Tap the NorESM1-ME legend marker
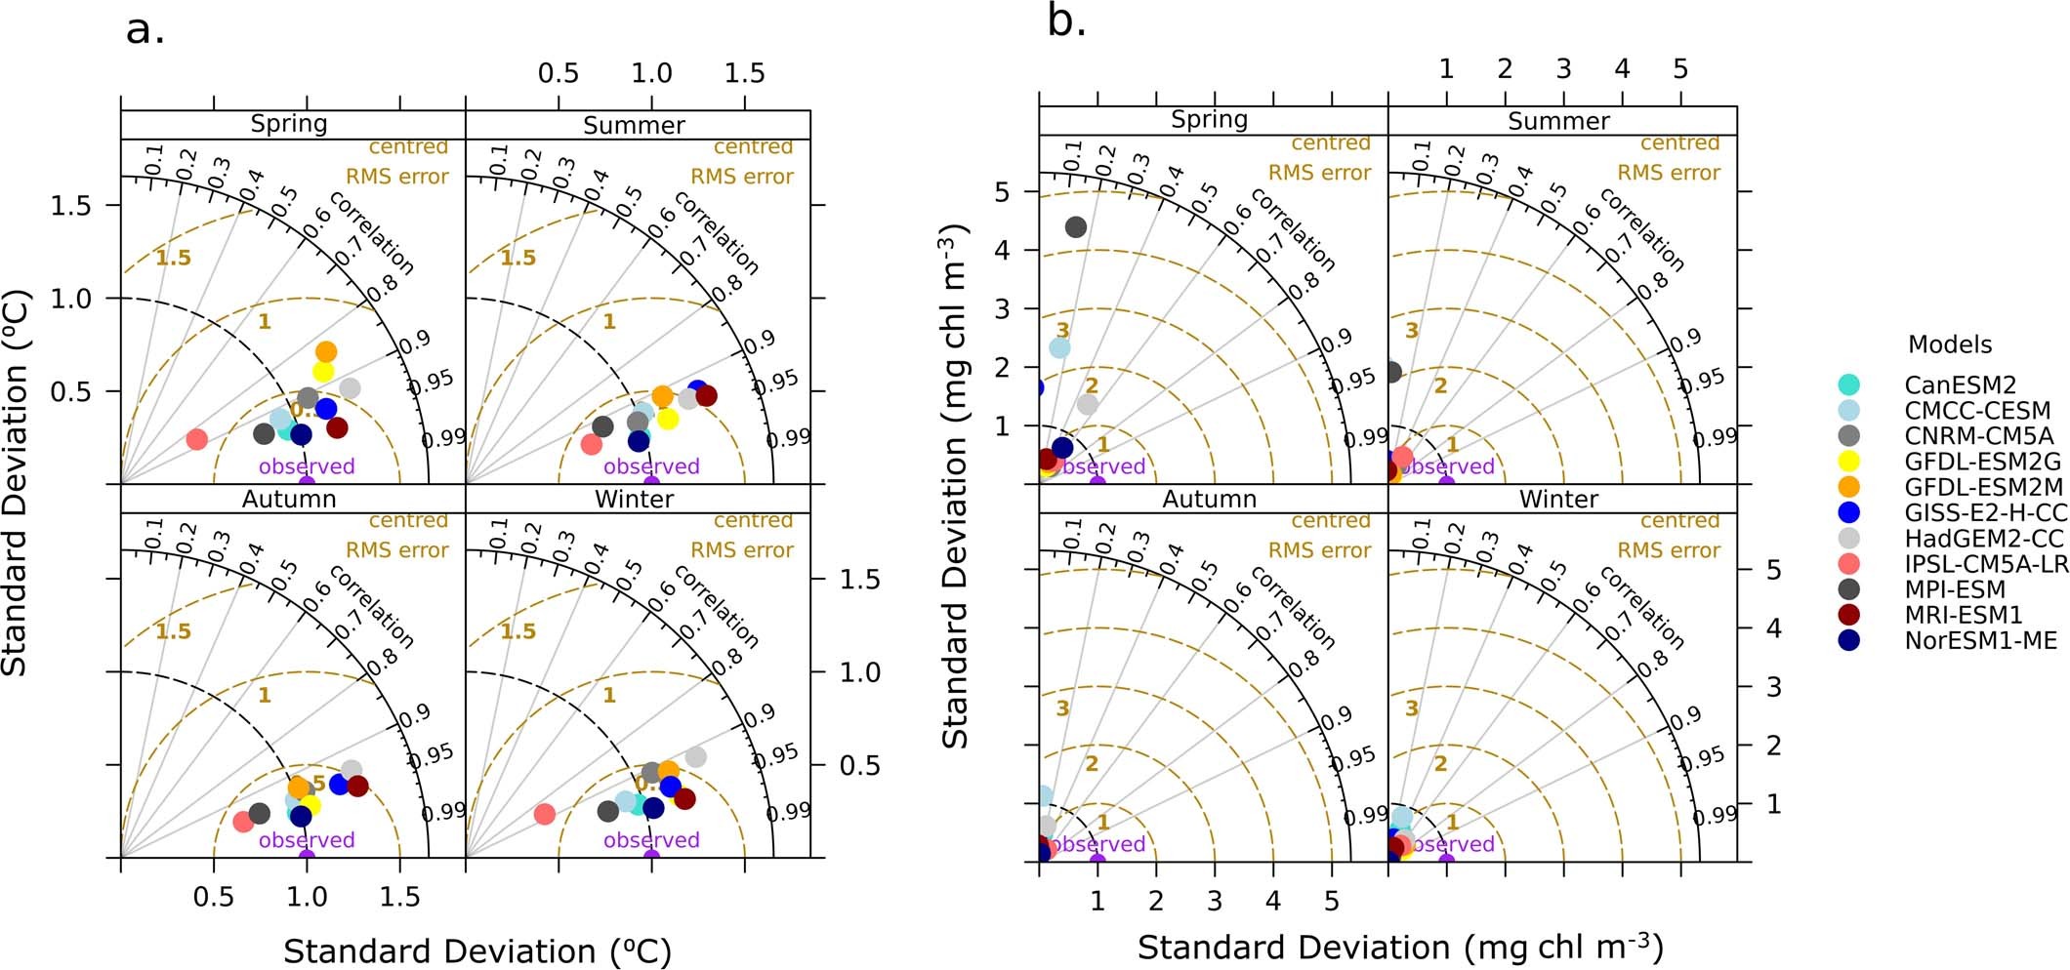1848,640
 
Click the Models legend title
1949,344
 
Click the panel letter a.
145,29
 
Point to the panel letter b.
1066,21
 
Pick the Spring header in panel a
289,124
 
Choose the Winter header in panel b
1558,499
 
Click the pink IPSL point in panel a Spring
196,439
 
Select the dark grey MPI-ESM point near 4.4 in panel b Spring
1076,227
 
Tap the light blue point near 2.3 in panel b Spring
1059,347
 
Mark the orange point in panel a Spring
326,351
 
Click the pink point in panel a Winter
545,814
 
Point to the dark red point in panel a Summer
707,395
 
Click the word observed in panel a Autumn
307,840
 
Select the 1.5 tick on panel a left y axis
70,205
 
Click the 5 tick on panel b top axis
1680,69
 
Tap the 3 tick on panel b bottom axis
1215,900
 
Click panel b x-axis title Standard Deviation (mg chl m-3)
1400,948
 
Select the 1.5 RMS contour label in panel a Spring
173,259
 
